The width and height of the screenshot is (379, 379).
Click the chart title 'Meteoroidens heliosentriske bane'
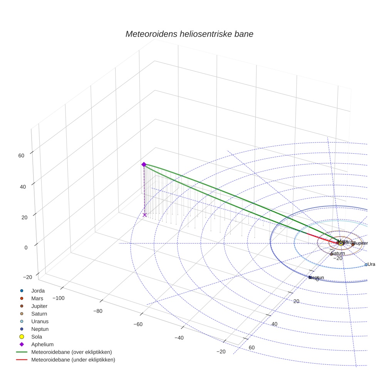click(189, 34)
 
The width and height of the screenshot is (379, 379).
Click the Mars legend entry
click(37, 299)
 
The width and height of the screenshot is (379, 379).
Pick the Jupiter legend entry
click(39, 306)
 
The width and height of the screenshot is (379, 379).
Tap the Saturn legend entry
click(39, 314)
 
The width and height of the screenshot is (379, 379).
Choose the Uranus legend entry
click(40, 321)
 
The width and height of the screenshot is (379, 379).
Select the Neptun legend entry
click(40, 329)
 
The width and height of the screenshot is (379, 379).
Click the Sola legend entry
click(37, 337)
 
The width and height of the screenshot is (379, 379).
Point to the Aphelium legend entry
click(42, 344)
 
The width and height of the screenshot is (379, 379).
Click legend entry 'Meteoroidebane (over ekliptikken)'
click(71, 352)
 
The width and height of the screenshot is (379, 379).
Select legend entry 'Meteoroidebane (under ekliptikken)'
click(73, 360)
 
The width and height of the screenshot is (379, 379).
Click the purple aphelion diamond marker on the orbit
click(144, 164)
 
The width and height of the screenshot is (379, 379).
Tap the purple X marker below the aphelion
click(145, 215)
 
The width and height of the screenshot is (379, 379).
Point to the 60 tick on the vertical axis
click(21, 156)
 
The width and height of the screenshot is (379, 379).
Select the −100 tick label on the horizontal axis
click(58, 298)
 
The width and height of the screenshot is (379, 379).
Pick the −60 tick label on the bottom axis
click(138, 324)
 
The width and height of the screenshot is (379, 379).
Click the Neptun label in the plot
click(317, 278)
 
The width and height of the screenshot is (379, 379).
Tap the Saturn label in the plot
click(338, 253)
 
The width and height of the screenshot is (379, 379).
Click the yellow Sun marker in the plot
click(341, 243)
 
